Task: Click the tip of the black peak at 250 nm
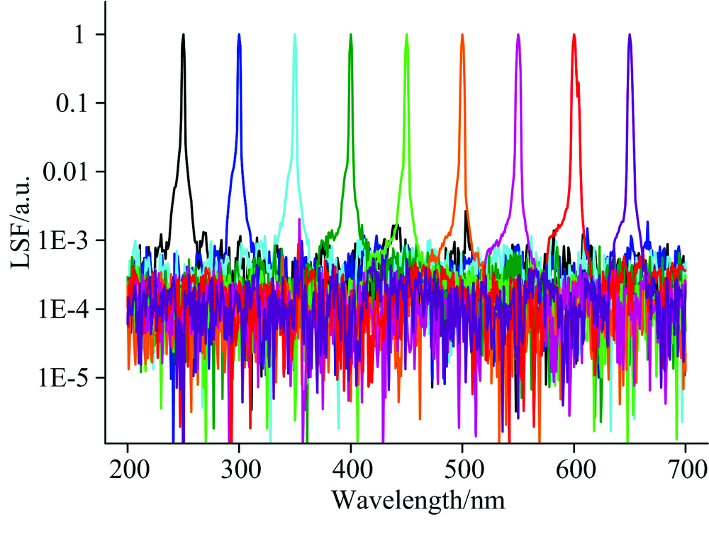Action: pos(184,35)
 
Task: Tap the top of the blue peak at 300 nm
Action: pos(239,35)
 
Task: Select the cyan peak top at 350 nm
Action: pos(295,35)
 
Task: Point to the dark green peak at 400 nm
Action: pos(351,35)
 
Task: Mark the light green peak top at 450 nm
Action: pos(406,35)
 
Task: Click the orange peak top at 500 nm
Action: pos(462,35)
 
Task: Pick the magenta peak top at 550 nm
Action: pos(518,35)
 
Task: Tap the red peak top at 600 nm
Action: pos(574,35)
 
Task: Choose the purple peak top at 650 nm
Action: pos(630,35)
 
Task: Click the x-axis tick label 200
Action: pos(128,469)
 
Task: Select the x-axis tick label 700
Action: pos(686,469)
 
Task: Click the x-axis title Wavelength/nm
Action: pos(418,501)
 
